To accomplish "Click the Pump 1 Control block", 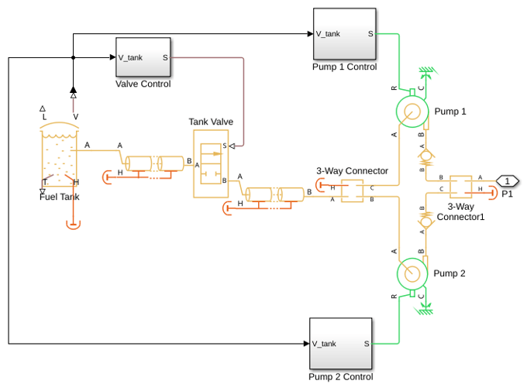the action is pos(345,34).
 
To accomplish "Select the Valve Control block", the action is pos(143,57).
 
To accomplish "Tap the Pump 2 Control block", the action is pos(340,343).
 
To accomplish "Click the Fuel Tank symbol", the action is pos(59,154).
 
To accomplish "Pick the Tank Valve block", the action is pos(211,163).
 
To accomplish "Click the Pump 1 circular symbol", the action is pos(412,111).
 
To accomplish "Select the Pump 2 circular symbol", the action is pos(412,273).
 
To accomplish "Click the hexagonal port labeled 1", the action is pos(507,181).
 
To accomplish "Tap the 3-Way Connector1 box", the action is pos(460,187).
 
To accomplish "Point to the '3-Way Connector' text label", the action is pos(352,171).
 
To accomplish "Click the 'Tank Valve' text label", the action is pos(211,122).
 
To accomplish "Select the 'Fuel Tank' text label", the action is pos(59,197).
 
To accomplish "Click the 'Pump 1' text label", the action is pos(450,111).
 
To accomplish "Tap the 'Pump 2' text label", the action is pos(449,273).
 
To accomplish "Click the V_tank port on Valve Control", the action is pos(130,58).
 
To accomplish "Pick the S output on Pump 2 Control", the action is pos(367,344).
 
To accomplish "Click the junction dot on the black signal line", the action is pos(74,58).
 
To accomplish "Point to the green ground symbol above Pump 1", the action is pos(428,71).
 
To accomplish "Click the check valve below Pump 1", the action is pos(425,156).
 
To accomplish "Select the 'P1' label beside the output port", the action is pos(507,194).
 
